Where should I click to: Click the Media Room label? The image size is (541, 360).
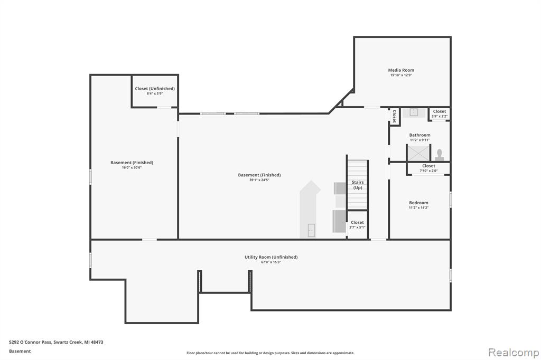[x=401, y=70]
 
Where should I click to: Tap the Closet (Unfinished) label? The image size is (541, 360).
[x=155, y=89]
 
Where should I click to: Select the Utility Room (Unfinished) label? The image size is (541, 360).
[x=271, y=257]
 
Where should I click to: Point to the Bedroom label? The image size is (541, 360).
[x=418, y=203]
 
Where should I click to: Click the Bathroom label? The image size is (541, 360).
[x=419, y=135]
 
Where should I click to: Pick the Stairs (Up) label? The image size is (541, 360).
[x=358, y=185]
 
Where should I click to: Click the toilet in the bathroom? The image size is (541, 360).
[x=439, y=155]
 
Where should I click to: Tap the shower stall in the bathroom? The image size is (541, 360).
[x=418, y=153]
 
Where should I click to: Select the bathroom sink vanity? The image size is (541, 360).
[x=414, y=112]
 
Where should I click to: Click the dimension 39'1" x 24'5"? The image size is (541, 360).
[x=259, y=180]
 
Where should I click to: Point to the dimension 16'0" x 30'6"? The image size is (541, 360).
[x=132, y=167]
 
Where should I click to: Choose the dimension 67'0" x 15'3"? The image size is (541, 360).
[x=271, y=262]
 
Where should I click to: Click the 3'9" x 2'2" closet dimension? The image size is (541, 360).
[x=439, y=117]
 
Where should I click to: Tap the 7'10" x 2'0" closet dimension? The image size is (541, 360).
[x=428, y=170]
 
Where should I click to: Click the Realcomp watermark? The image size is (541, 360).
[x=514, y=353]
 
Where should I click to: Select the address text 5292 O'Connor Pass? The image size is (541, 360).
[x=30, y=342]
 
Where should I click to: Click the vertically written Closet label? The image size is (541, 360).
[x=394, y=116]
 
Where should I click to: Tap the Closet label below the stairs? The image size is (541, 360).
[x=357, y=222]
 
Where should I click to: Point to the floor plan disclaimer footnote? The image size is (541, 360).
[x=270, y=353]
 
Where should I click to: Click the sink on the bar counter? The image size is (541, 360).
[x=311, y=230]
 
